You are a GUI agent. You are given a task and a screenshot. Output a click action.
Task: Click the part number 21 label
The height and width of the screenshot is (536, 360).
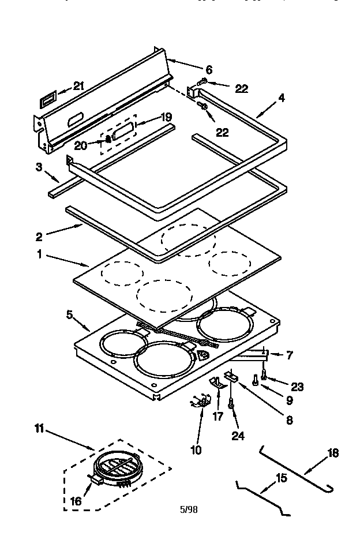tap(79, 86)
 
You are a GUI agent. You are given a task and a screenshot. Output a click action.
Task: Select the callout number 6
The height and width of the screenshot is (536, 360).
tap(209, 69)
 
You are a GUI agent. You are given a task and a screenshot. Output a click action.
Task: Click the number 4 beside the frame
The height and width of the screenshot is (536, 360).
tap(281, 98)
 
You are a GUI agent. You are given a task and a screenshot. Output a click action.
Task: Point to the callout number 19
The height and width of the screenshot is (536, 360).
tap(166, 117)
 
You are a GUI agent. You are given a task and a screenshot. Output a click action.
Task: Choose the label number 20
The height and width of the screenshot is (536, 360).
tap(80, 146)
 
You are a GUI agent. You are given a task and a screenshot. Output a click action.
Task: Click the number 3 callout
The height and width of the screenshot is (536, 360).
tap(39, 167)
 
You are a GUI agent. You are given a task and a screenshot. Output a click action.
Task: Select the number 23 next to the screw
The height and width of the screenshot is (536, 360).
tap(297, 387)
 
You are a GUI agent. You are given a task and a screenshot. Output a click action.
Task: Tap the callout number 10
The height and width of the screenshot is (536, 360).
tap(197, 449)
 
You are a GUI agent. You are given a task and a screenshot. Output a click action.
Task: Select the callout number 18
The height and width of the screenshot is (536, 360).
tap(333, 452)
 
